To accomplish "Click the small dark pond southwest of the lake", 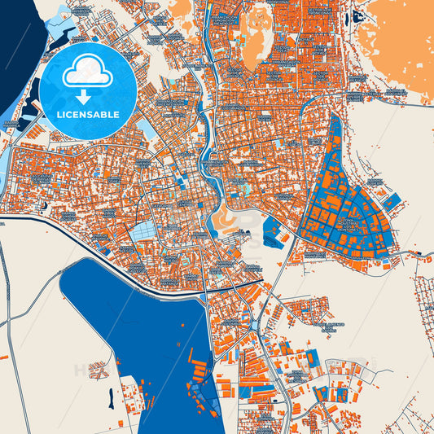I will point(109,397).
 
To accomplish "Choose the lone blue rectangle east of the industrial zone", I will point(392,199).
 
